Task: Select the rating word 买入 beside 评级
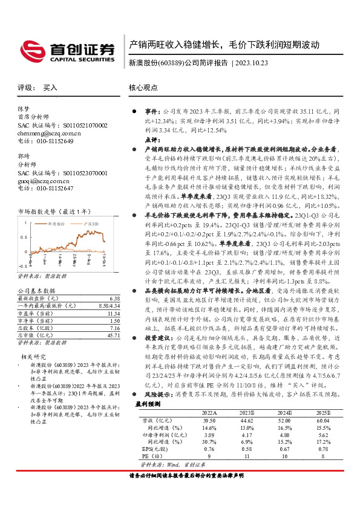[50, 88]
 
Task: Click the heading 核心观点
[143, 88]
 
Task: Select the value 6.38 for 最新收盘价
[115, 299]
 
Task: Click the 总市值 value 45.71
[113, 335]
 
